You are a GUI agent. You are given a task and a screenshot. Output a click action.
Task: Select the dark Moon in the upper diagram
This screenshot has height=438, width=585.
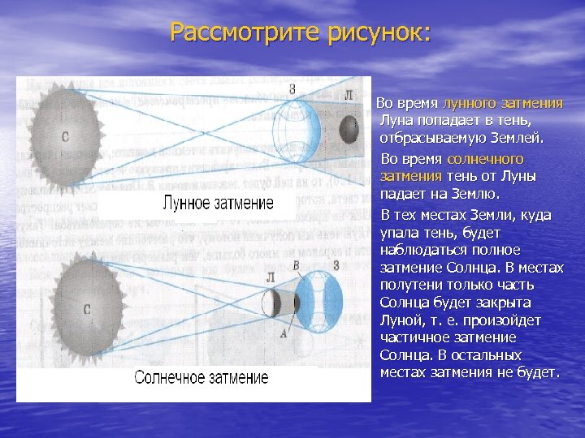click(349, 129)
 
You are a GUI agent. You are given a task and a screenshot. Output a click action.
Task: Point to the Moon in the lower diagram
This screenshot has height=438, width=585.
click(271, 303)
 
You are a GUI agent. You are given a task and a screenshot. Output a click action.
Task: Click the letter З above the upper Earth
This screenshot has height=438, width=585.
click(291, 87)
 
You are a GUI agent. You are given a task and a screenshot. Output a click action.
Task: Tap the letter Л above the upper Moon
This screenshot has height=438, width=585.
click(349, 95)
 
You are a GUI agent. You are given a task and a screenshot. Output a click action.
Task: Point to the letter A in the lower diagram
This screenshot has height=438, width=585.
click(282, 333)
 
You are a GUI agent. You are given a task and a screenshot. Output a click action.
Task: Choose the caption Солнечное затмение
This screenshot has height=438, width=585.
click(201, 378)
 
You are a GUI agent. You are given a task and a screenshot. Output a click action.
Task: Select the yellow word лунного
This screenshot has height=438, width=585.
click(472, 104)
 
